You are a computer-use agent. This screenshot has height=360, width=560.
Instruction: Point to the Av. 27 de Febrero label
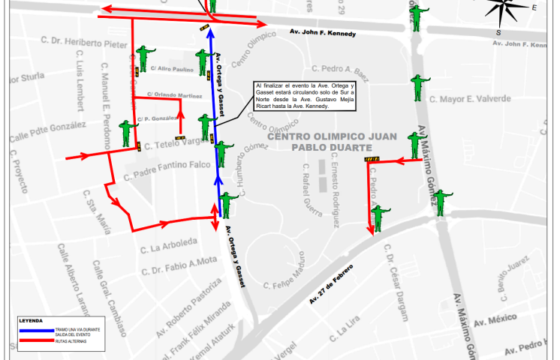[336, 286]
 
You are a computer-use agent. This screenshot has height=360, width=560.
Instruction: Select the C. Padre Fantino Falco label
[161, 169]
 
